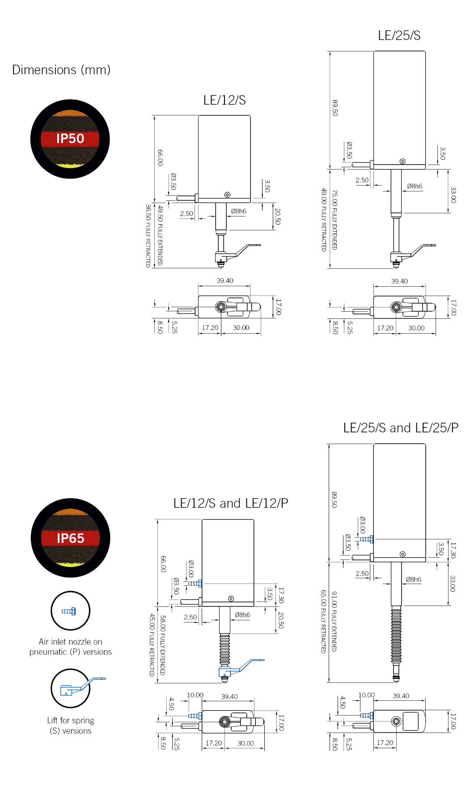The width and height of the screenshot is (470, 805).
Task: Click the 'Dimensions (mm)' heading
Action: [x=61, y=70]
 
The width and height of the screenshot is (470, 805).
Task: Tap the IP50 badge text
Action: [x=70, y=139]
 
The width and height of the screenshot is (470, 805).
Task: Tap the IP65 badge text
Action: [x=70, y=538]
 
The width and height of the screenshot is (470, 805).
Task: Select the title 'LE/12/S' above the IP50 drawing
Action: [x=224, y=100]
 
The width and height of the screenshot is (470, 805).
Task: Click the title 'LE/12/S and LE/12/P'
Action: [x=230, y=503]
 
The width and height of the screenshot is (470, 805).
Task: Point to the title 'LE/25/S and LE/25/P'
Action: [x=401, y=428]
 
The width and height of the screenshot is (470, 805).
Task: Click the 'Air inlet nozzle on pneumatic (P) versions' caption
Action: [x=71, y=647]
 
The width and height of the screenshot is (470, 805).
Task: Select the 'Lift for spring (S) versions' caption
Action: [x=71, y=725]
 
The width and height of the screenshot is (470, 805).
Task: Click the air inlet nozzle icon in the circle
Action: [x=69, y=611]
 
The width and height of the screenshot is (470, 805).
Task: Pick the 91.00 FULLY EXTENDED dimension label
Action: [x=335, y=621]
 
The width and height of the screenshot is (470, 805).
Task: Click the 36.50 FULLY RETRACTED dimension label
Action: [x=148, y=236]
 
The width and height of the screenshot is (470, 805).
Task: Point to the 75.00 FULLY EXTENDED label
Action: [x=335, y=220]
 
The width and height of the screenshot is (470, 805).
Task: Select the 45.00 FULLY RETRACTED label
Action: [x=152, y=644]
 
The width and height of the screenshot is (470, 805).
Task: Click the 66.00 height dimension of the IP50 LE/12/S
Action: [x=160, y=157]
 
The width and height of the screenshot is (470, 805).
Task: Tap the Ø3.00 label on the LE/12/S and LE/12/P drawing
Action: [x=191, y=568]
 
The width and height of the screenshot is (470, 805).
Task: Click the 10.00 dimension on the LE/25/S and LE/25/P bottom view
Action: [x=366, y=695]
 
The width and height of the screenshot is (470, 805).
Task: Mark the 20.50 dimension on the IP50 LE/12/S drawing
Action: [x=278, y=216]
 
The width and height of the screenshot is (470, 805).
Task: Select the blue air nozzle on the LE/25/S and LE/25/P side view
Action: [x=367, y=539]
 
